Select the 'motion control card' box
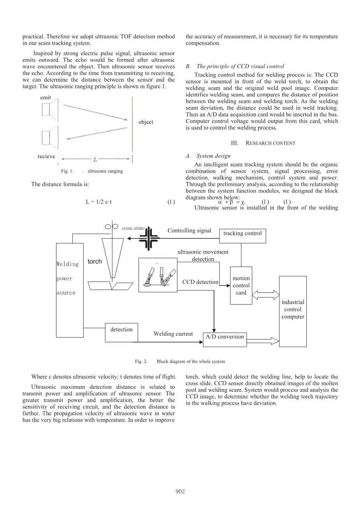(x=241, y=286)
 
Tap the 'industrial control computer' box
(x=293, y=310)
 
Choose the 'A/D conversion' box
(x=225, y=337)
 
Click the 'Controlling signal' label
(x=189, y=231)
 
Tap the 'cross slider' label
(x=133, y=229)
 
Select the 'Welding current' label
(x=173, y=334)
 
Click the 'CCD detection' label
(x=200, y=282)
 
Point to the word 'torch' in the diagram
(x=95, y=262)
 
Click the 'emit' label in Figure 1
(x=46, y=98)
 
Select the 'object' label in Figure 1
(x=146, y=122)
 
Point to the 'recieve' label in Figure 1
(x=46, y=156)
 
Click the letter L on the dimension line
(x=95, y=159)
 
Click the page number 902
(x=180, y=492)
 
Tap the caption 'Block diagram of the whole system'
(x=191, y=362)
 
